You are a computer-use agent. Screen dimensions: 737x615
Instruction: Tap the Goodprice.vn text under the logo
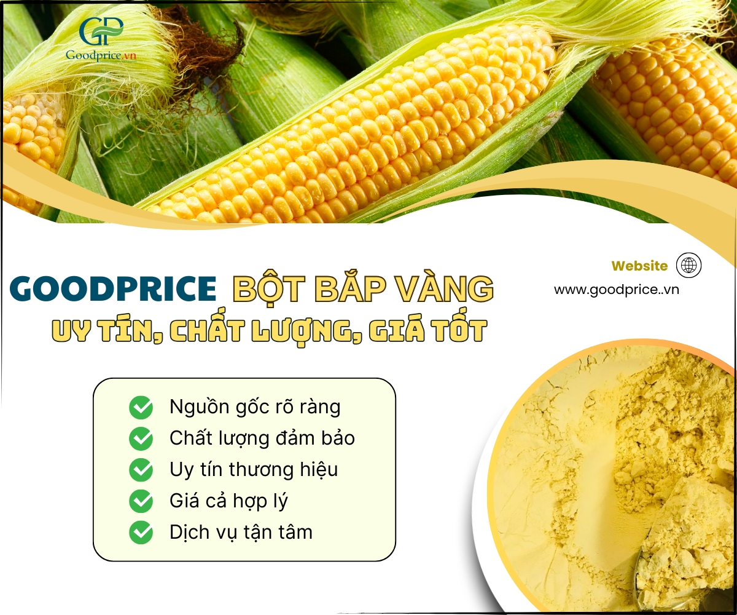(101, 55)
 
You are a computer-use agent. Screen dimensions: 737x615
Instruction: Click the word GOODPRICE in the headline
(113, 288)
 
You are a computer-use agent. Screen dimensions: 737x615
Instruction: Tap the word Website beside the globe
(639, 266)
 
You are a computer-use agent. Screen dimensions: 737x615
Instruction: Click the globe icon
(688, 265)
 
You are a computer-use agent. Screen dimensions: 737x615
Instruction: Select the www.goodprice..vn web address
(616, 290)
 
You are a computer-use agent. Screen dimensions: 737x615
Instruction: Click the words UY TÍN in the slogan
(107, 330)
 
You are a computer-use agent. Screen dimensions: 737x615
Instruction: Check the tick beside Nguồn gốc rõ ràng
(141, 408)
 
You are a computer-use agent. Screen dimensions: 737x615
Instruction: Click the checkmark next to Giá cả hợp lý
(141, 501)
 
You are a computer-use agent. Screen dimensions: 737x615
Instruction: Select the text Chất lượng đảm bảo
(262, 438)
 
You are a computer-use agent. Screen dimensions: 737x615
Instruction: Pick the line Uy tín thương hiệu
(254, 470)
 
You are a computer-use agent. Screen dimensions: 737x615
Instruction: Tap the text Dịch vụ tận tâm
(241, 533)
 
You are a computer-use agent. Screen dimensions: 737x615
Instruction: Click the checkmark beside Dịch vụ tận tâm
(141, 533)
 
